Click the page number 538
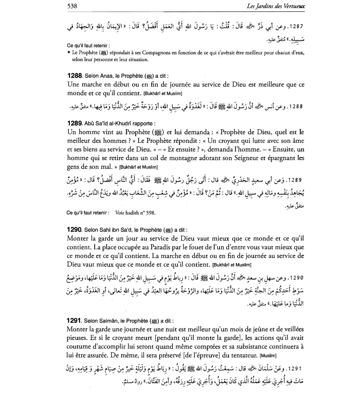coord(72,6)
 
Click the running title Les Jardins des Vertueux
coord(275,6)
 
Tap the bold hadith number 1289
coord(75,123)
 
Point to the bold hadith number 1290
coord(75,230)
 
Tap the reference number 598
coord(151,213)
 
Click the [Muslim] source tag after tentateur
coord(268,356)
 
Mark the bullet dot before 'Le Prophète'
coord(69,53)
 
